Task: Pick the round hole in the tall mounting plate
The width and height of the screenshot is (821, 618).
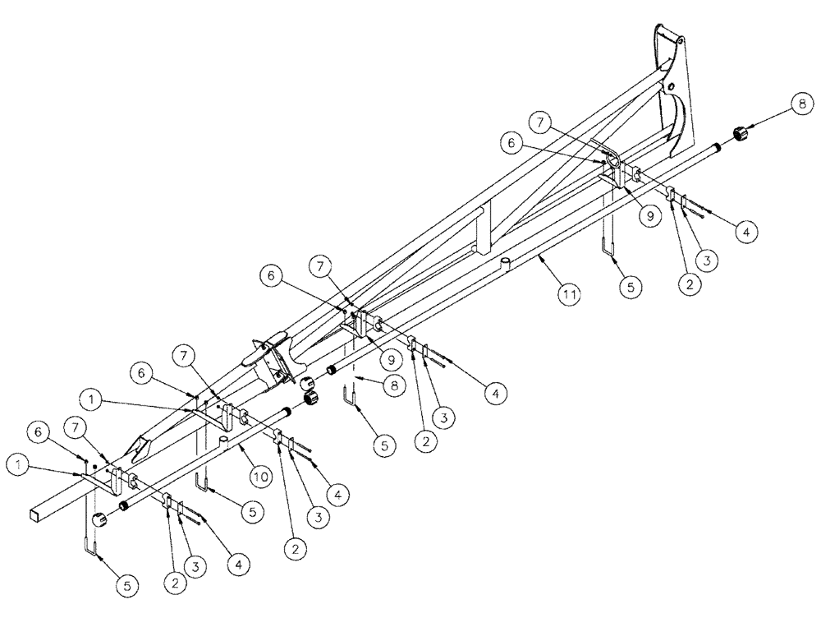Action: pyautogui.click(x=672, y=85)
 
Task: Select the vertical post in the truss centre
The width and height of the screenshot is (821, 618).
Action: pyautogui.click(x=484, y=227)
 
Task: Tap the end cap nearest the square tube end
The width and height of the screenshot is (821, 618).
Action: pyautogui.click(x=100, y=520)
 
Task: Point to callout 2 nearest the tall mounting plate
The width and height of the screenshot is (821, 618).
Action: pyautogui.click(x=689, y=285)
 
